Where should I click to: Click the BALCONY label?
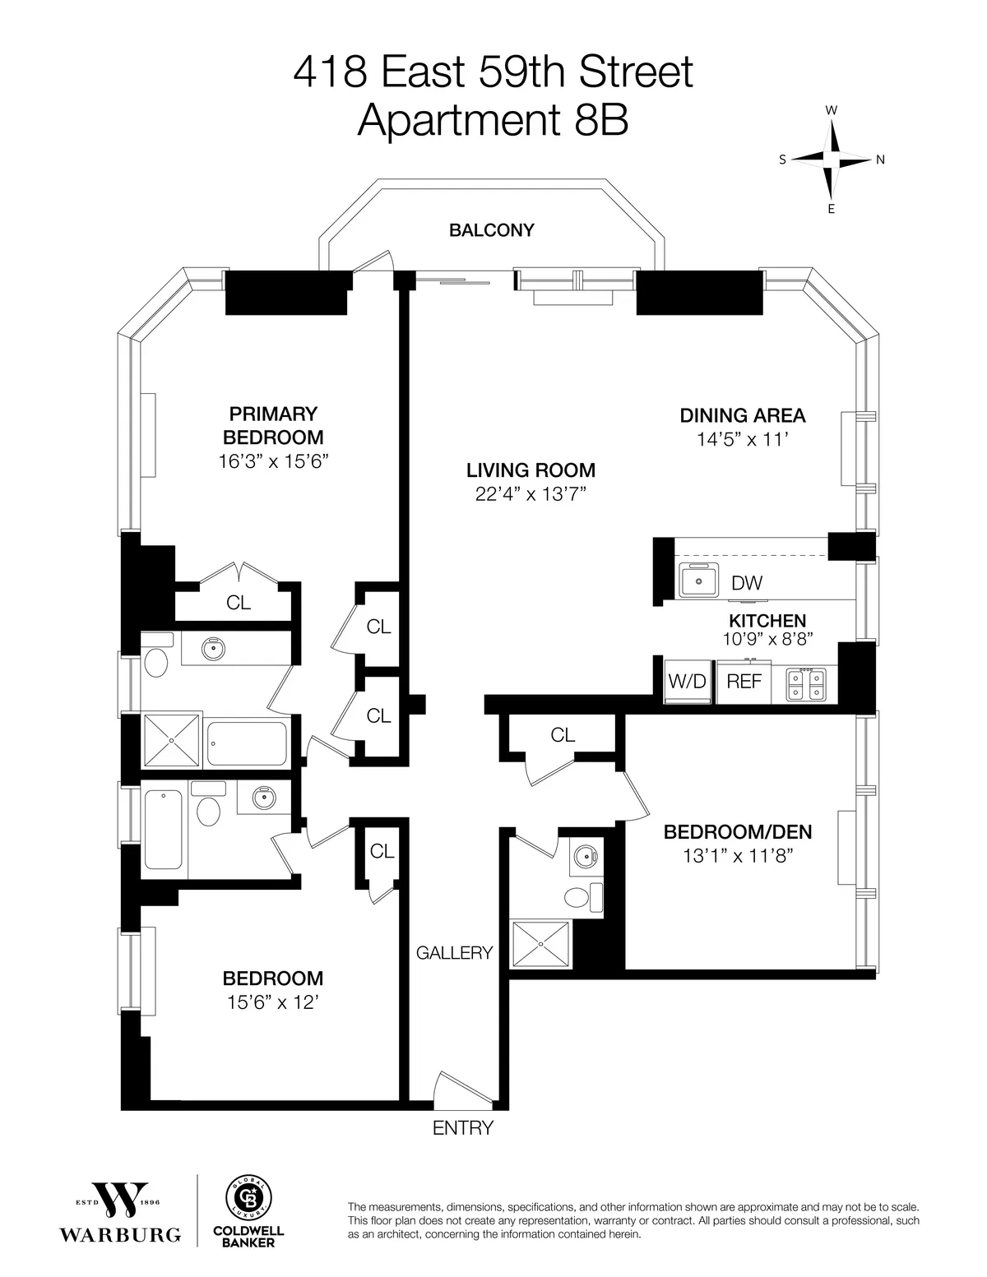click(x=491, y=230)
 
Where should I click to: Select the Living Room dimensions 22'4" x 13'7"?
click(x=531, y=493)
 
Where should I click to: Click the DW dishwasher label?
click(x=747, y=583)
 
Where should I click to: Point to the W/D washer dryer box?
click(x=686, y=681)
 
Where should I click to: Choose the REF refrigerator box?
click(x=744, y=681)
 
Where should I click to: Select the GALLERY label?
click(x=454, y=952)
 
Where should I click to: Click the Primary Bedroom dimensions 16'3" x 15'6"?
click(x=273, y=461)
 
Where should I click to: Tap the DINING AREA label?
click(x=743, y=415)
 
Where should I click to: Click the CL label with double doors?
click(x=239, y=603)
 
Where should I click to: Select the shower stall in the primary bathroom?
click(x=172, y=740)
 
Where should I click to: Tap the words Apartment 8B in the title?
click(x=493, y=121)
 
